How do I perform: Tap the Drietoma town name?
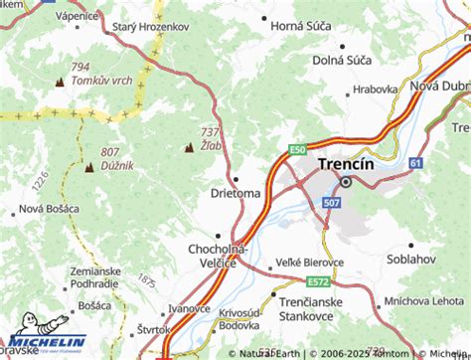coord(235,192)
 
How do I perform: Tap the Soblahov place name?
coord(413,259)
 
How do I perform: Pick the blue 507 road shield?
coord(331,202)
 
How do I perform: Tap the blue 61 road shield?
coord(415,162)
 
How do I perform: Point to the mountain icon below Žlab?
coord(188,148)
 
